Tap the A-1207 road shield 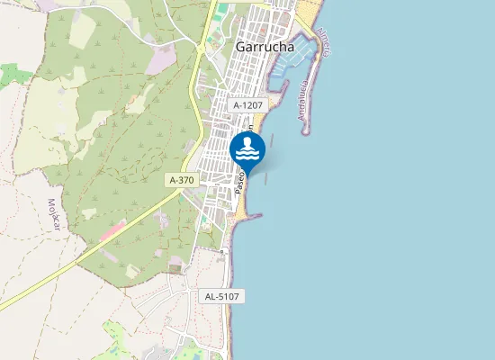[x=247, y=105]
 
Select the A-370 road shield [x=181, y=180]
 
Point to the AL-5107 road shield [x=221, y=296]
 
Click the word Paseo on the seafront [x=240, y=184]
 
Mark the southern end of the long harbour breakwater [x=305, y=132]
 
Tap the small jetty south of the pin [x=255, y=215]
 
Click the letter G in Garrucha [x=238, y=47]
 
